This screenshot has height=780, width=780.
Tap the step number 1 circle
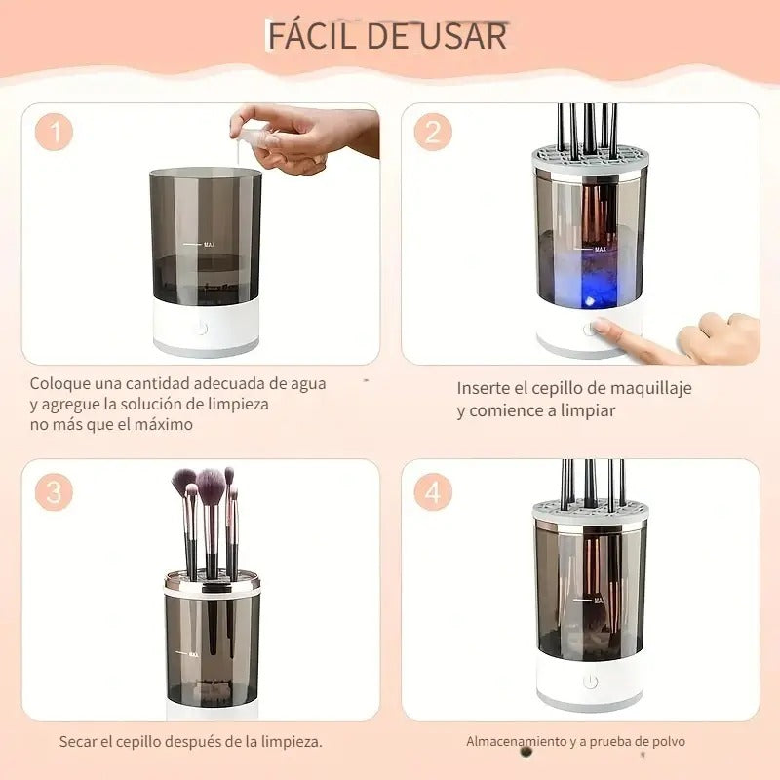click(x=55, y=132)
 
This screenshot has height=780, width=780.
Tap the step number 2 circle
click(x=433, y=132)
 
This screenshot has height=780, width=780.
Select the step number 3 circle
click(x=55, y=492)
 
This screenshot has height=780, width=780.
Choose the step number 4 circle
click(x=433, y=492)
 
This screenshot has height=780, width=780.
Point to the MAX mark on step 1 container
click(x=208, y=245)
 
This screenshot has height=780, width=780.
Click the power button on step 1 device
click(x=200, y=328)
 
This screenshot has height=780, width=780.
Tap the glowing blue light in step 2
click(x=590, y=288)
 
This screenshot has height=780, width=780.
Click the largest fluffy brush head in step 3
click(x=211, y=482)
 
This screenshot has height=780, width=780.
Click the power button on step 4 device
click(x=590, y=682)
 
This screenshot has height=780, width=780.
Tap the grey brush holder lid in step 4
click(x=589, y=512)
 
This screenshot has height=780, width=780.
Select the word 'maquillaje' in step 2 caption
click(x=643, y=388)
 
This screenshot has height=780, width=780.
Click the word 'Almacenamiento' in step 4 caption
click(x=516, y=742)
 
